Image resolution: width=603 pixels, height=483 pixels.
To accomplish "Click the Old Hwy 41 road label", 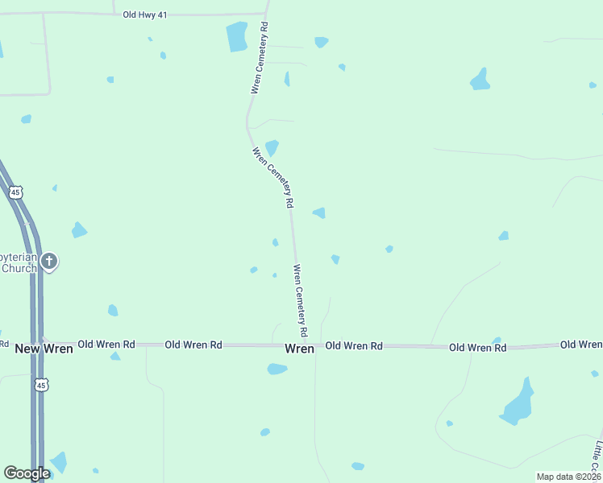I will coord(145,14).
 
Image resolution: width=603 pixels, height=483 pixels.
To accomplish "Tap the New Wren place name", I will coord(44,349).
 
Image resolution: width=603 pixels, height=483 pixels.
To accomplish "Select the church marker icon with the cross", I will coord(49,261).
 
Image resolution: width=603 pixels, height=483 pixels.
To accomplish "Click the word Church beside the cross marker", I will coord(19,268).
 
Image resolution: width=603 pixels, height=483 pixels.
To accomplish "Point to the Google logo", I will coord(27,473).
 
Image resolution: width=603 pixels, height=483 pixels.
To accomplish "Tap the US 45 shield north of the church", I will coord(15,192).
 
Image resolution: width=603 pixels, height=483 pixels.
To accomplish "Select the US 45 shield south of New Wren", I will coord(41,386).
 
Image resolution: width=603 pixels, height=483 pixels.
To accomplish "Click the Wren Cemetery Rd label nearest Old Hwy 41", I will coord(259,58).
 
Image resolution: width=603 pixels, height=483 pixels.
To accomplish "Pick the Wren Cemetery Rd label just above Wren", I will coord(301,300).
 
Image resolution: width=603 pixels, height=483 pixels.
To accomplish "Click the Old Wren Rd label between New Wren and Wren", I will coord(193,345).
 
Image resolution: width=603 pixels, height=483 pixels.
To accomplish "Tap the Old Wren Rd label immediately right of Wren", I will coord(353,346).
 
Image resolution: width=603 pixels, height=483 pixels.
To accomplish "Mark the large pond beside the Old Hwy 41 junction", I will coord(237,36).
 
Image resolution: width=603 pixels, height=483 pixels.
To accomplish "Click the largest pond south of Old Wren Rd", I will coord(518,403).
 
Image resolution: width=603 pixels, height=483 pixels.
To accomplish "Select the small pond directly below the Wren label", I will coord(277,369).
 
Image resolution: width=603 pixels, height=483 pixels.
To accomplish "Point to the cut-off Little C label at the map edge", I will coord(597,456).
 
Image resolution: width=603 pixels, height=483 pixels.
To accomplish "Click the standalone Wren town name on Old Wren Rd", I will coord(299,349).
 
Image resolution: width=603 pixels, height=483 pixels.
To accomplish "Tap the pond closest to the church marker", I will coord(78,230).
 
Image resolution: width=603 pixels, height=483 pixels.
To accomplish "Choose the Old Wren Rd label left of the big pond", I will coord(477,348).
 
